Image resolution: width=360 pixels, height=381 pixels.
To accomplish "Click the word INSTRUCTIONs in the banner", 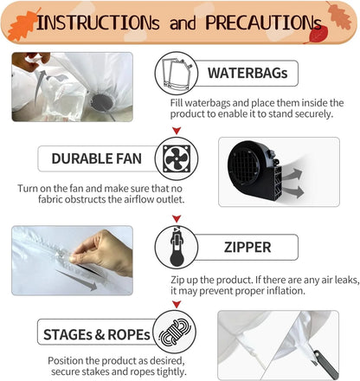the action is pos(98,23).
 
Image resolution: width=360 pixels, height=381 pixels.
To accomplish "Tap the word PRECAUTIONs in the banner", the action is pos(263,23).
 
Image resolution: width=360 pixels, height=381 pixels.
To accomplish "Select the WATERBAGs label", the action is pos(247,73).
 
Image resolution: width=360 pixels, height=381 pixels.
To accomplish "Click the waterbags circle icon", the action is pos(177,74).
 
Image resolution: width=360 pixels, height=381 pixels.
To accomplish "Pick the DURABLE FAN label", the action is pos(97,158).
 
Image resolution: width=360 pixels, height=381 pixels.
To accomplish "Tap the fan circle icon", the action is pos(177,158).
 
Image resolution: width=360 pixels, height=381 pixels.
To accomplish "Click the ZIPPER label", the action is pos(247,248).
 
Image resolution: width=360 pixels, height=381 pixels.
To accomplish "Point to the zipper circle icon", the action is pos(177,248).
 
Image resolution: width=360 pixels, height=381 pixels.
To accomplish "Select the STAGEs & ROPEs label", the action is pos(97,334).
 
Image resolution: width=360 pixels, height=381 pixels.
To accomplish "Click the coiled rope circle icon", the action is pos(175,332).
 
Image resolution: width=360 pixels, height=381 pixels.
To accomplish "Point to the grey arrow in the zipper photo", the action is pos(77,281).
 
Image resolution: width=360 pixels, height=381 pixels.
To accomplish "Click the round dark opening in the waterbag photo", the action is pos(102,102).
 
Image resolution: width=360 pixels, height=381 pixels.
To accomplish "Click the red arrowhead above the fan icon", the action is pos(177,131).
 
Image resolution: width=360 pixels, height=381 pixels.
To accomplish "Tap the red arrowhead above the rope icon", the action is pos(177,304).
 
